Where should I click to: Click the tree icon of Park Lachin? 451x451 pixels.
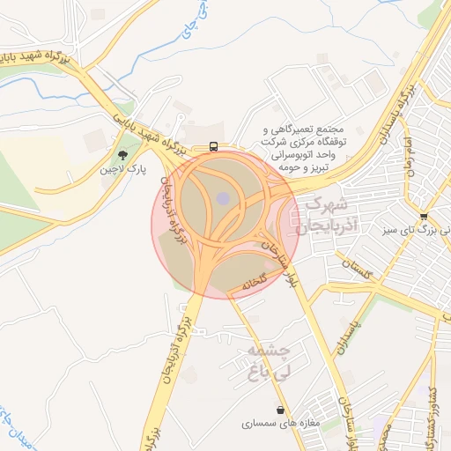coord(134,156)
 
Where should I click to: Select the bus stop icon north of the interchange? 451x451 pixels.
coord(214,147)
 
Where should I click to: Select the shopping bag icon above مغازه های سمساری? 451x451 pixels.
coord(280,410)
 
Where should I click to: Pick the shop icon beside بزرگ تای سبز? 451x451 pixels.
coord(424,217)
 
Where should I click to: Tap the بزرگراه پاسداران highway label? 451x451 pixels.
coord(396,115)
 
